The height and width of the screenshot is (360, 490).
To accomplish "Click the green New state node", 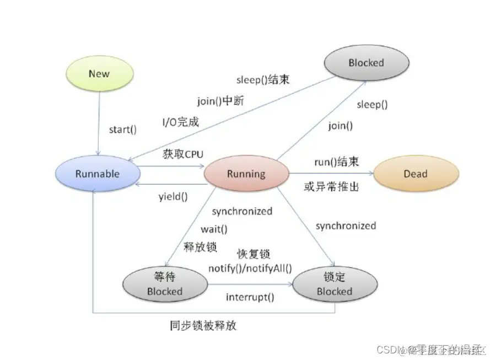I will tap(99, 74).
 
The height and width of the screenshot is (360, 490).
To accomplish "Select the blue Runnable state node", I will tap(97, 174).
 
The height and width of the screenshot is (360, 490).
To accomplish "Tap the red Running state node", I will tap(246, 174).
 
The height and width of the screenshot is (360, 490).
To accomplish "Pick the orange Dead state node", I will tap(415, 174).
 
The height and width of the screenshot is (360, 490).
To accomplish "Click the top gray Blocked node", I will tap(365, 63).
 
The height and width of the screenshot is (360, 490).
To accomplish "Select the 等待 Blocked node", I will tap(164, 284).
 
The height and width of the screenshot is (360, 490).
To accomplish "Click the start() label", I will tap(122, 130).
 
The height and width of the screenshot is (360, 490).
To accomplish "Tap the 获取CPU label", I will tap(183, 154).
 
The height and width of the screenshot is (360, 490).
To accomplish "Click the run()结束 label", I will tap(336, 162).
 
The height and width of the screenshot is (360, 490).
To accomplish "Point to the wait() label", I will tap(214, 228).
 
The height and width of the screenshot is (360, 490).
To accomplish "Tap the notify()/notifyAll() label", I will tap(250, 268).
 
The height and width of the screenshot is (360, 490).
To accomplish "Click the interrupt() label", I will tap(250, 297).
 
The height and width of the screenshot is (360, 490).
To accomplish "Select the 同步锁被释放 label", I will tap(203, 325).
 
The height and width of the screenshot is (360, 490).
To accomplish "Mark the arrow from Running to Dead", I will tap(331, 174).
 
